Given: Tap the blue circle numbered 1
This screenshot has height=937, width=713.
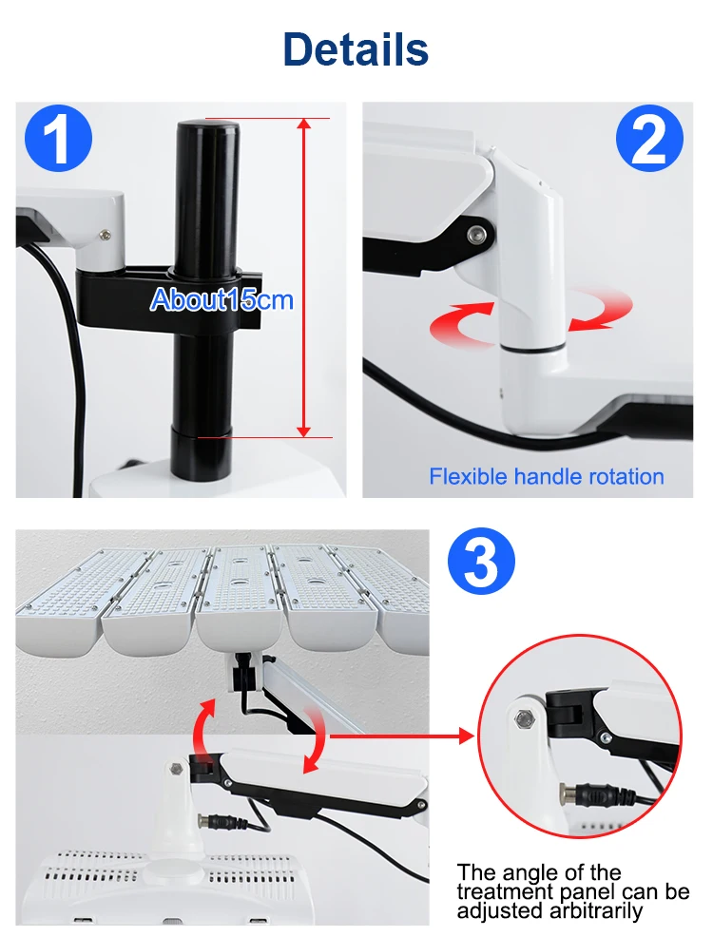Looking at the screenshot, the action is (59, 140).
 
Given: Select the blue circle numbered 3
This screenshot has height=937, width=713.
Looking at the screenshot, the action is (481, 563).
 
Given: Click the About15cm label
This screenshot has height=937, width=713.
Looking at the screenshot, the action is (222, 299).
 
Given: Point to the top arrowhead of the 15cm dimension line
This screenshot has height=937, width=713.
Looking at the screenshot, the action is (304, 124).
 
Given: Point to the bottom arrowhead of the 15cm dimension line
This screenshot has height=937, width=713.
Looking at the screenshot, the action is (304, 430).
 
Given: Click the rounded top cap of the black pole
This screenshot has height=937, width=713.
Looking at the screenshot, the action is (206, 130).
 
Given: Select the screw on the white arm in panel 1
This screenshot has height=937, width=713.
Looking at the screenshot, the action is (106, 235).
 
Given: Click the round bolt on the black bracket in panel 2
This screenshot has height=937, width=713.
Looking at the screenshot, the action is (477, 234).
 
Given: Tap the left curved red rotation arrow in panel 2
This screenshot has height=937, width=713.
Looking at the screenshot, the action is (463, 322).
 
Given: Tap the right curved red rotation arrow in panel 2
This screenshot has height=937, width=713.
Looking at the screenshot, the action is (601, 311).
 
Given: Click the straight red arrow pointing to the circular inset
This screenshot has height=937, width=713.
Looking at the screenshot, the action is (401, 736).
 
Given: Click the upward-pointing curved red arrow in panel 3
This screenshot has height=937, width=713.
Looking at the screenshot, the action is (204, 730).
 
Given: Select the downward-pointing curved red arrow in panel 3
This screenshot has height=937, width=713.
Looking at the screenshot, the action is (315, 741).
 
